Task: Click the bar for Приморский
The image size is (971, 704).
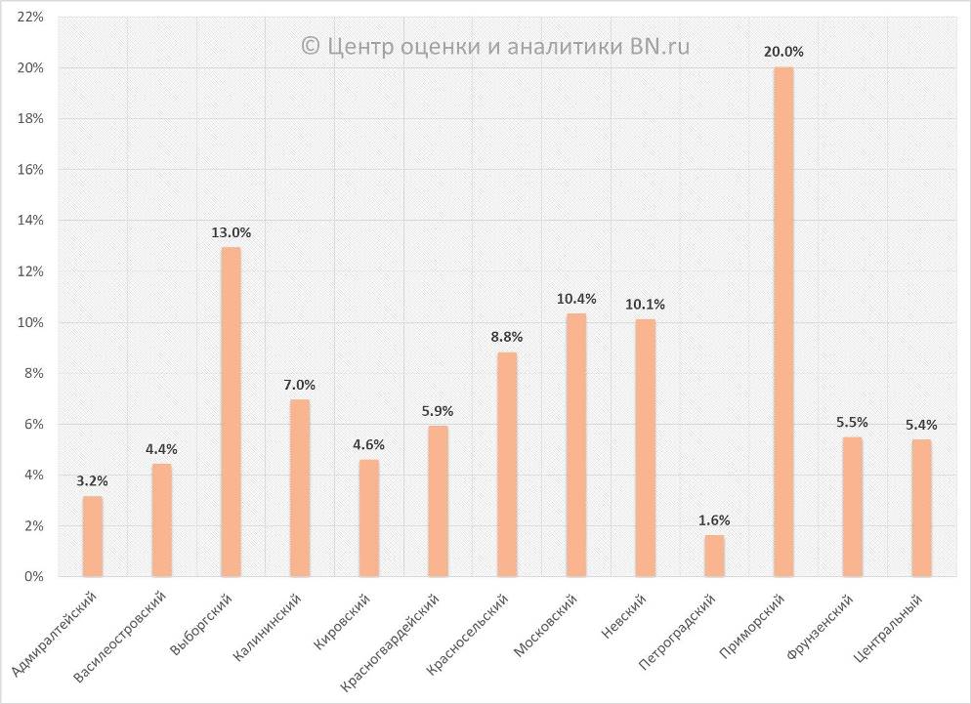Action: [x=783, y=322]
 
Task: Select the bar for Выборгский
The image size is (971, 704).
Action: [x=231, y=411]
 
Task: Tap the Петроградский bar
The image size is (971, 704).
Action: [x=714, y=556]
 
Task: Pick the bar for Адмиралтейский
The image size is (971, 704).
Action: [x=93, y=536]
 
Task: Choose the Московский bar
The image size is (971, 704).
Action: [x=576, y=444]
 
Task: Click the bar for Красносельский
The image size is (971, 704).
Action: [x=507, y=464]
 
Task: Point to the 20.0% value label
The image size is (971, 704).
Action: [x=783, y=52]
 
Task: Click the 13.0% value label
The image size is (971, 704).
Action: [x=231, y=232]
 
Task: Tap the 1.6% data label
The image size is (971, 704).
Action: [x=714, y=519]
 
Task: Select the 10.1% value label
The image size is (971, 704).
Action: [x=646, y=304]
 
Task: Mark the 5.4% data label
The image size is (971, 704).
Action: [x=921, y=425]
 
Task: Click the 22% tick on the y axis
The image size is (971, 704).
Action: [x=29, y=18]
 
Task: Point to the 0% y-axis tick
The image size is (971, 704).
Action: [x=33, y=577]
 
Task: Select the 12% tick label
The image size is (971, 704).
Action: [x=29, y=271]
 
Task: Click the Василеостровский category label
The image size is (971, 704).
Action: [x=121, y=636]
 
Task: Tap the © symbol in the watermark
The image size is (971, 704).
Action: [x=312, y=45]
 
